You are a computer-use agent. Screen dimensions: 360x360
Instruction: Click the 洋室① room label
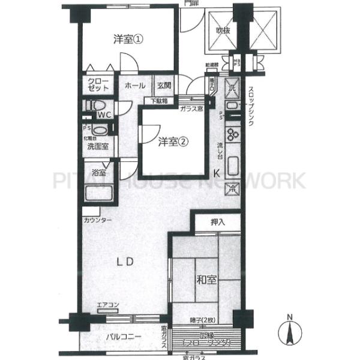click(128, 40)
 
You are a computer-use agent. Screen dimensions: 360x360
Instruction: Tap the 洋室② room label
click(173, 142)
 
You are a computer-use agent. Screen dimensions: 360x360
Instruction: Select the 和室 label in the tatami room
click(206, 280)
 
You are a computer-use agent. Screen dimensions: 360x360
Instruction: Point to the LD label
click(124, 262)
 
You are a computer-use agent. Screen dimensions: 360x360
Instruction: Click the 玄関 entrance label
click(164, 86)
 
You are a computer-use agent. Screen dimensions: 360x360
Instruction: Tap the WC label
click(104, 114)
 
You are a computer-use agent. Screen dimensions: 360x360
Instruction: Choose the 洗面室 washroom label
click(97, 146)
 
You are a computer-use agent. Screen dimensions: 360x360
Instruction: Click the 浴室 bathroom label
click(100, 173)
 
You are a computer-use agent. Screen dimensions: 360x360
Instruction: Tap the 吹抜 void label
click(224, 31)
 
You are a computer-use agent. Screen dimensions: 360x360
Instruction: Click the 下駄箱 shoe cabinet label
click(159, 101)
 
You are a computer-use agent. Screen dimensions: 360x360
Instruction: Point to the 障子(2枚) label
click(206, 320)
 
